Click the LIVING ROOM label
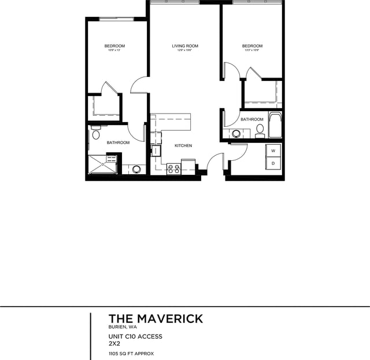pyautogui.click(x=185, y=46)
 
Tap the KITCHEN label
pyautogui.click(x=183, y=146)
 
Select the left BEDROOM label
pyautogui.click(x=114, y=46)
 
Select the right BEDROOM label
pyautogui.click(x=252, y=46)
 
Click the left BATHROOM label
pyautogui.click(x=118, y=142)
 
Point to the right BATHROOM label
pyautogui.click(x=252, y=119)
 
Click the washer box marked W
pyautogui.click(x=273, y=150)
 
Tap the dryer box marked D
pyautogui.click(x=273, y=164)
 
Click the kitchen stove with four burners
pyautogui.click(x=173, y=168)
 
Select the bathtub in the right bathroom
pyautogui.click(x=275, y=124)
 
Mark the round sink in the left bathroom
pyautogui.click(x=136, y=169)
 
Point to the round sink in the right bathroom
pyautogui.click(x=235, y=134)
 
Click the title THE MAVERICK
pyautogui.click(x=156, y=319)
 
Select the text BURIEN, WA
pyautogui.click(x=123, y=328)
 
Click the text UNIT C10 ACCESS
pyautogui.click(x=135, y=336)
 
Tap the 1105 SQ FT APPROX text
pyautogui.click(x=131, y=353)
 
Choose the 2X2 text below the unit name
pyautogui.click(x=114, y=343)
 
